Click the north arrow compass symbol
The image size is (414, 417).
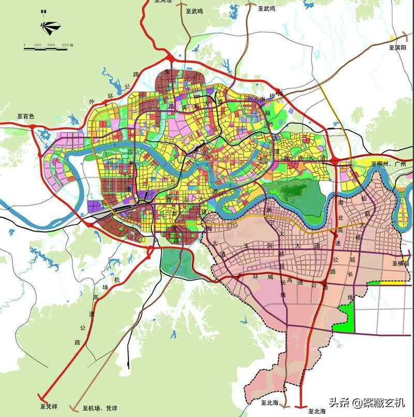click(50, 26)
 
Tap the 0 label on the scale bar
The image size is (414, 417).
click(24, 46)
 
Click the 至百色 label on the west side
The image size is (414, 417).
click(25, 116)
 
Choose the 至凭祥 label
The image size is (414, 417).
click(51, 407)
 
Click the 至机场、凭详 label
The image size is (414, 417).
click(100, 409)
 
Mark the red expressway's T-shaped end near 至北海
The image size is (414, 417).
click(301, 407)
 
